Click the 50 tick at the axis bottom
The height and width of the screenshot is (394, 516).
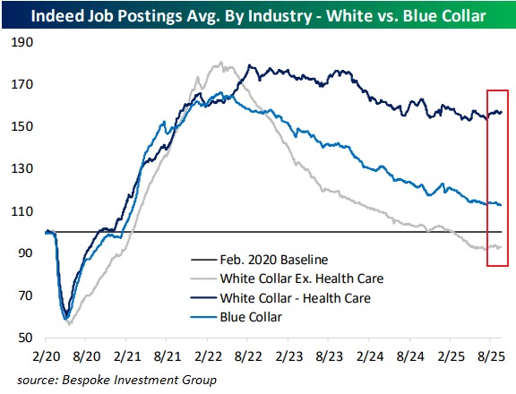23,338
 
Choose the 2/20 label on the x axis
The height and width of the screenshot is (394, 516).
45,356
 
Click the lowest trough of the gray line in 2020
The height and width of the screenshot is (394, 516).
69,322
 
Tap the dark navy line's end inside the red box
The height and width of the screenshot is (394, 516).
501,112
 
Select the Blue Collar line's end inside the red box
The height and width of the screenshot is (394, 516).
501,205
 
